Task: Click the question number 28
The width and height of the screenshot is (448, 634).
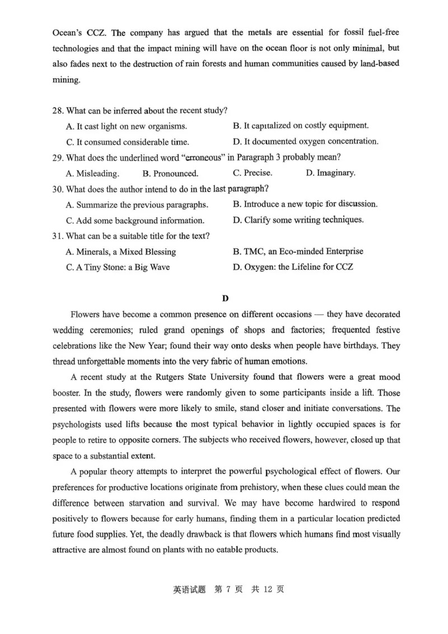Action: [x=58, y=110]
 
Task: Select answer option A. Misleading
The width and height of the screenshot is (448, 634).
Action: [x=92, y=173]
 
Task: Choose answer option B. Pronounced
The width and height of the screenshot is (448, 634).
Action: [x=170, y=173]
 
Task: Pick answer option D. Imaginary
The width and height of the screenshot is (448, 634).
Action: [x=330, y=173]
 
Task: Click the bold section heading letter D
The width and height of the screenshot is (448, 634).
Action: [x=225, y=298]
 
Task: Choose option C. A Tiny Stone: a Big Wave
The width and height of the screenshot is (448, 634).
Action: [x=118, y=267]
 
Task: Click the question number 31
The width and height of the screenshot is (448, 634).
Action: [x=58, y=236]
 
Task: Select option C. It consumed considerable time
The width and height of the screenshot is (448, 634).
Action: [x=127, y=142]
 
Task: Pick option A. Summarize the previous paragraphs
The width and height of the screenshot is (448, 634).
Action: [x=137, y=205]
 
